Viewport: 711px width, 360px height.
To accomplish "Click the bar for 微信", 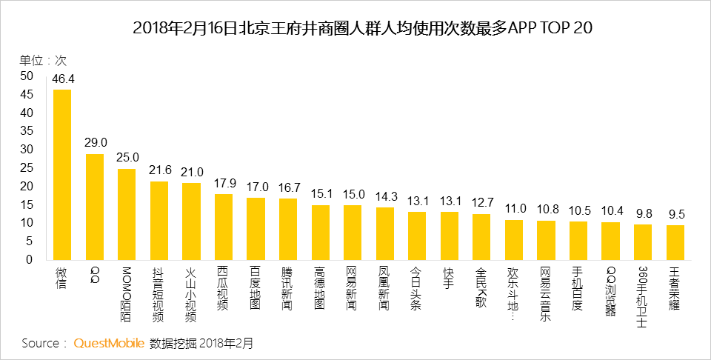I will click(x=62, y=175).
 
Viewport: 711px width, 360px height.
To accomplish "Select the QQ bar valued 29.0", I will click(x=95, y=207).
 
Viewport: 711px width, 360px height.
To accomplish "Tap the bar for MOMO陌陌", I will click(x=127, y=214).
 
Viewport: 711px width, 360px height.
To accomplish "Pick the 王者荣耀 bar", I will click(x=675, y=242).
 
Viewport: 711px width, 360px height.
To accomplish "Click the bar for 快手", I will click(x=450, y=236).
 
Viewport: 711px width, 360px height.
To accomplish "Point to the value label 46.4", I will click(x=63, y=79).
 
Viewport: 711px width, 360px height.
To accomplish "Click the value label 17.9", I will click(x=224, y=184).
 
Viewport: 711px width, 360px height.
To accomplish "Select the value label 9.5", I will click(x=675, y=214).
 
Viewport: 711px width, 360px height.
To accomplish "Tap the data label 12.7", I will click(x=481, y=203).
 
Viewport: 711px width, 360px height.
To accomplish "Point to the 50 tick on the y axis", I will click(x=27, y=76).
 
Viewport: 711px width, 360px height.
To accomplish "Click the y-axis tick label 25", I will click(x=27, y=167).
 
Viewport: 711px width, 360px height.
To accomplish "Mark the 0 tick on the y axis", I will click(x=30, y=260).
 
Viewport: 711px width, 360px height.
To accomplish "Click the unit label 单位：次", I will click(x=43, y=60).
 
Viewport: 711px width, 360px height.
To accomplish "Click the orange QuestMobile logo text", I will click(x=109, y=343).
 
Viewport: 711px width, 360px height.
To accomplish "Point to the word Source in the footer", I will click(x=41, y=343).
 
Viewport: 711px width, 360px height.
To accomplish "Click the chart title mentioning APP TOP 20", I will click(x=363, y=28).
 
